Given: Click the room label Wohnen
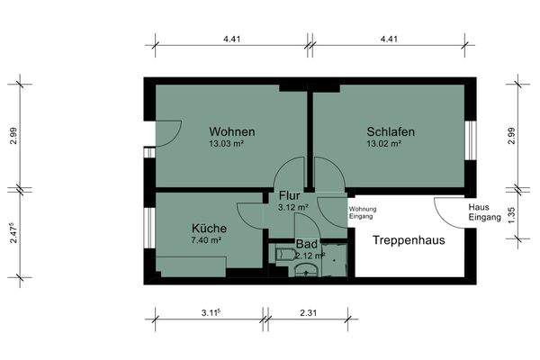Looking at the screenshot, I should point(231,131).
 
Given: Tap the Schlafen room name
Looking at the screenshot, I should point(390,131).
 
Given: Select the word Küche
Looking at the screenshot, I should point(208,229).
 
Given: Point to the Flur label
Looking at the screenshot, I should point(289,195).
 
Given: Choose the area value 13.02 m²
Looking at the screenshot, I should point(390,143).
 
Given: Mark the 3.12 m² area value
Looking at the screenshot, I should point(293,206).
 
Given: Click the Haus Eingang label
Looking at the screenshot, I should point(480,212).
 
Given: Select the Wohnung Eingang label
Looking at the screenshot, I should point(364,212).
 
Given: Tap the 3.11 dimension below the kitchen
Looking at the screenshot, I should point(212,312).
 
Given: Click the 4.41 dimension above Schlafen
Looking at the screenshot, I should point(390,39).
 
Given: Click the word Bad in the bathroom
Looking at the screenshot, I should point(306,244).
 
